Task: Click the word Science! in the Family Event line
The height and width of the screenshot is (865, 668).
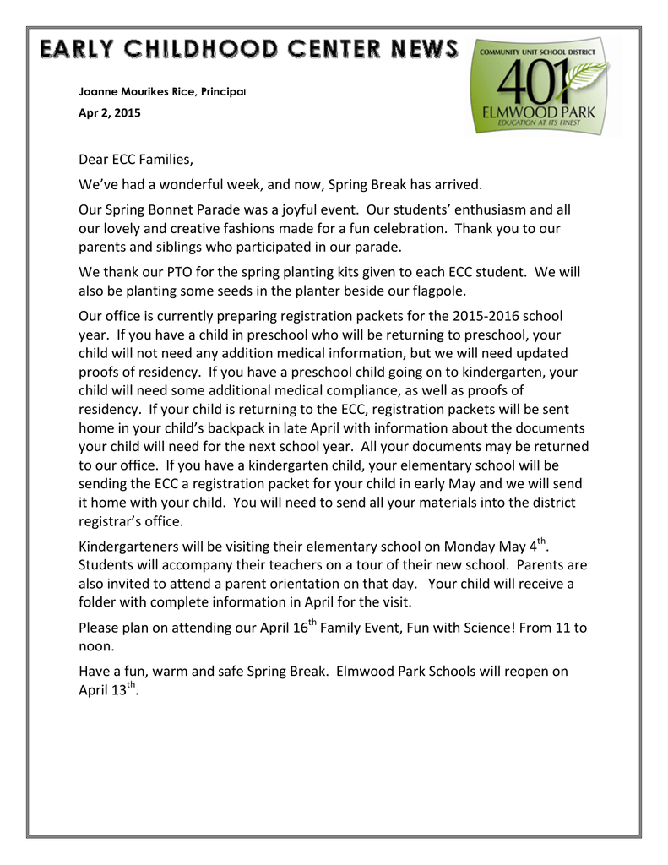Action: tap(474, 627)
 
